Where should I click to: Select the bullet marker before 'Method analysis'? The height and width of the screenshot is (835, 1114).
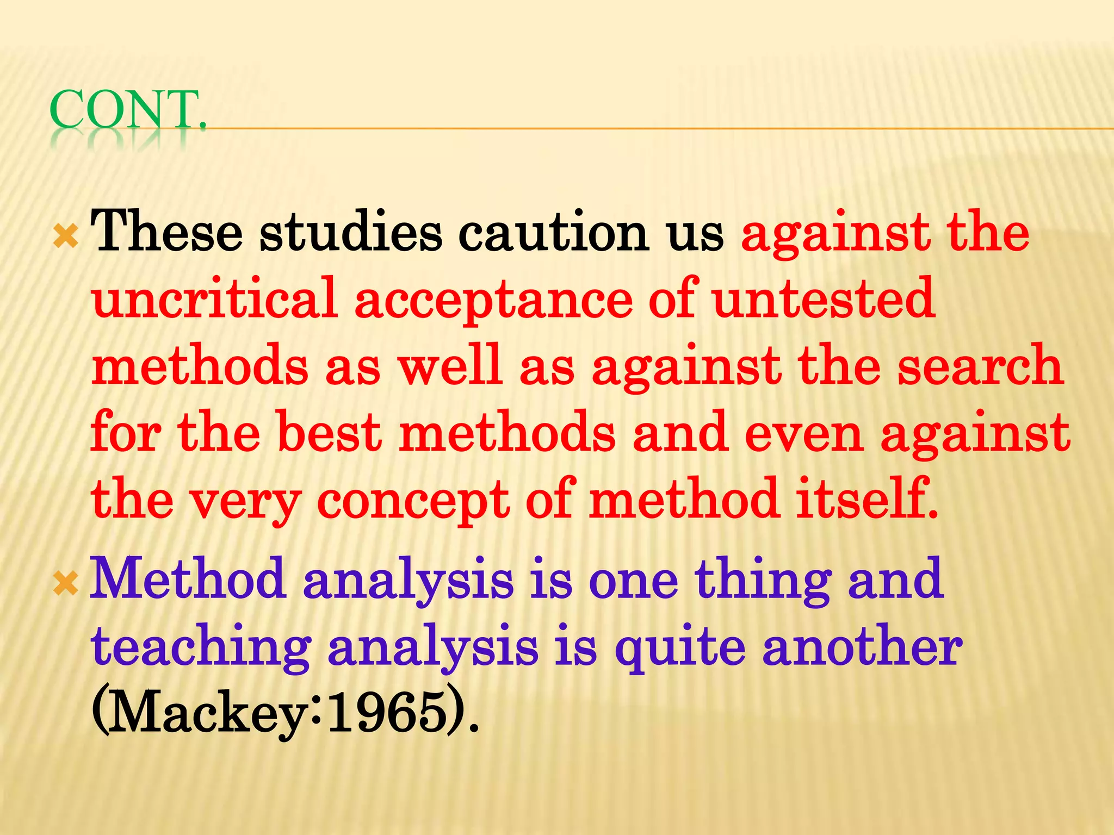[x=66, y=584]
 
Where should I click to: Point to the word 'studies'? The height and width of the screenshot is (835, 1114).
[x=351, y=233]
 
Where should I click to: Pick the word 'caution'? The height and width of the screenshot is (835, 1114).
[x=553, y=233]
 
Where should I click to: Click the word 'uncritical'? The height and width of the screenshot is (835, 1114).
[x=215, y=299]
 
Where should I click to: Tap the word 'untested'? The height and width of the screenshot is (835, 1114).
[x=824, y=299]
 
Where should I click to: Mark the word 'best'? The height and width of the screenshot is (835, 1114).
[x=330, y=433]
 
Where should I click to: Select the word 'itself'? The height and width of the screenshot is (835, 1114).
[x=865, y=499]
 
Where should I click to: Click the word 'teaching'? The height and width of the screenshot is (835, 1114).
[x=201, y=650]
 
